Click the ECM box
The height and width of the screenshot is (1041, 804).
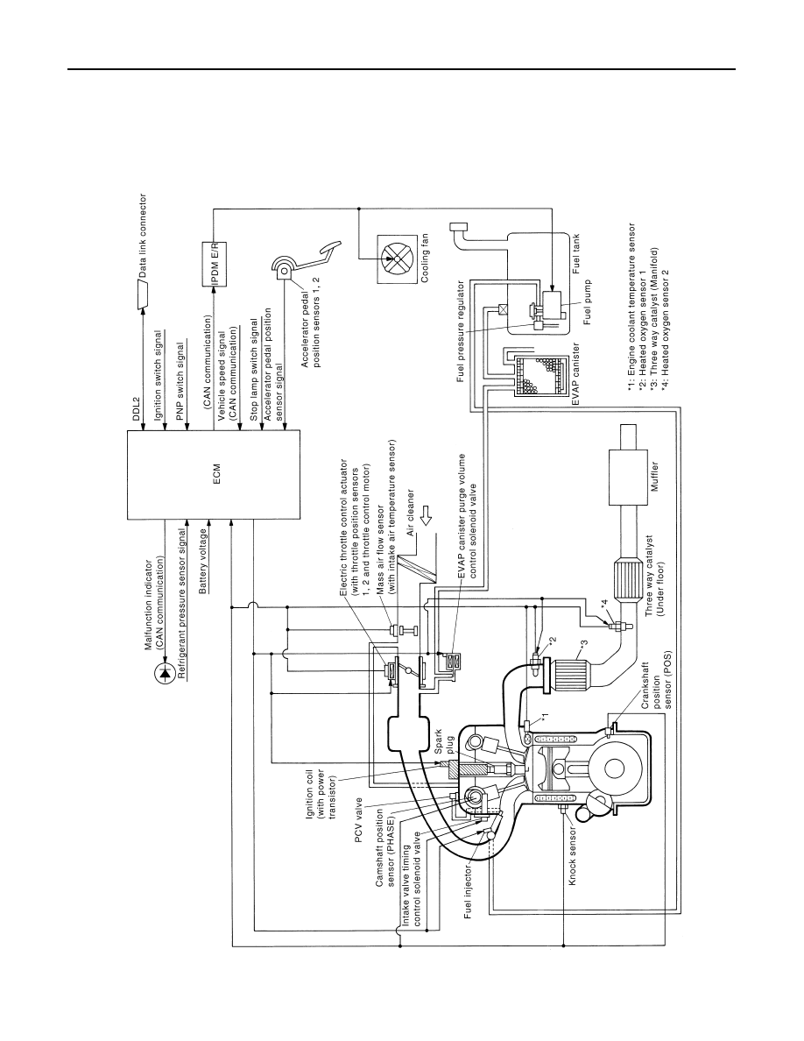pyautogui.click(x=213, y=475)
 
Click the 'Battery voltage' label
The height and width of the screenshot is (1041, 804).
pyautogui.click(x=204, y=560)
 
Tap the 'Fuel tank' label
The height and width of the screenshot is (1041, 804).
pyautogui.click(x=576, y=253)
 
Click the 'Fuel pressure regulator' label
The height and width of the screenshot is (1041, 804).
pyautogui.click(x=461, y=332)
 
